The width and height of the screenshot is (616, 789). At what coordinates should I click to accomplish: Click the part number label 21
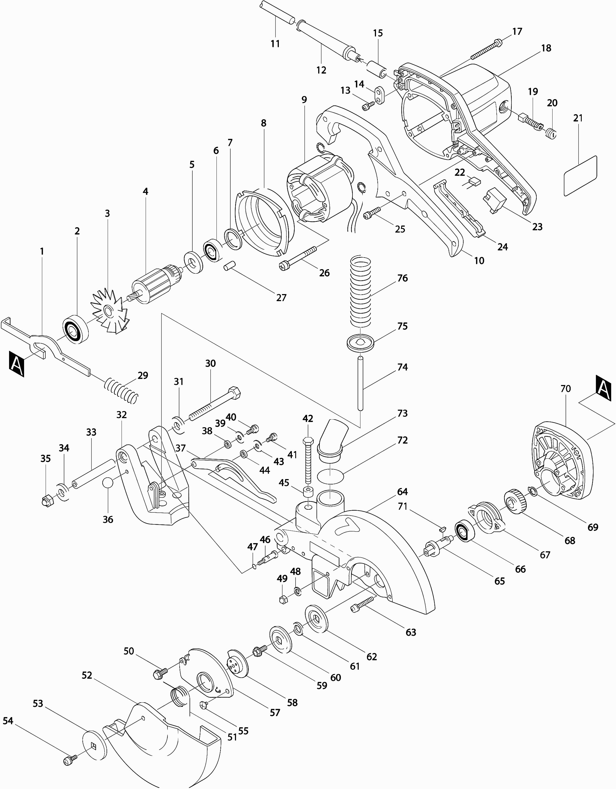[578, 118]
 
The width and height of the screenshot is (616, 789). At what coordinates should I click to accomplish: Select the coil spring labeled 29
[121, 390]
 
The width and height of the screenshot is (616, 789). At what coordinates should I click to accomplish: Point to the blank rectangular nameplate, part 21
[581, 176]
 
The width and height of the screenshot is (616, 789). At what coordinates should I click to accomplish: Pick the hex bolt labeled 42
[308, 460]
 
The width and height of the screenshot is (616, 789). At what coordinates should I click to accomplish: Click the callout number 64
[402, 492]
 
